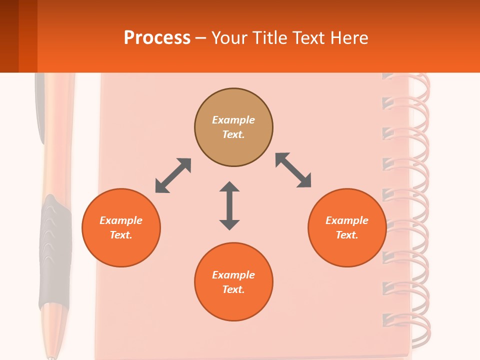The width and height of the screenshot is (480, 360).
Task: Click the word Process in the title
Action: [157, 38]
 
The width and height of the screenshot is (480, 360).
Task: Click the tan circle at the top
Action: [233, 127]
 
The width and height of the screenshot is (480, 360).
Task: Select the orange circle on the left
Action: [121, 227]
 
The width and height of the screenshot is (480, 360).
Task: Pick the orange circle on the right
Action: [347, 227]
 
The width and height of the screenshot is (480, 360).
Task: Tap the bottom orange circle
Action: [233, 282]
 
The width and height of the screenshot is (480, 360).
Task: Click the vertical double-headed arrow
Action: [229, 205]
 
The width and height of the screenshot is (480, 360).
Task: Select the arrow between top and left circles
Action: [173, 175]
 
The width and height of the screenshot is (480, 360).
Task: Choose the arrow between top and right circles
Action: [293, 170]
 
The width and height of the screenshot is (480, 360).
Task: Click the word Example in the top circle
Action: [233, 120]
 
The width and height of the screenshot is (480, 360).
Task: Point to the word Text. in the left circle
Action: [121, 235]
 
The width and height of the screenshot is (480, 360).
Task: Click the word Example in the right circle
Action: [347, 220]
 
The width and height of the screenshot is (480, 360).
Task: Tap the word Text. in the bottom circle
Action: [233, 289]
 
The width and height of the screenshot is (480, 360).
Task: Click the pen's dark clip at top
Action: [39, 105]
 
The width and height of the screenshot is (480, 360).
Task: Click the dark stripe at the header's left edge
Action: [9, 36]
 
